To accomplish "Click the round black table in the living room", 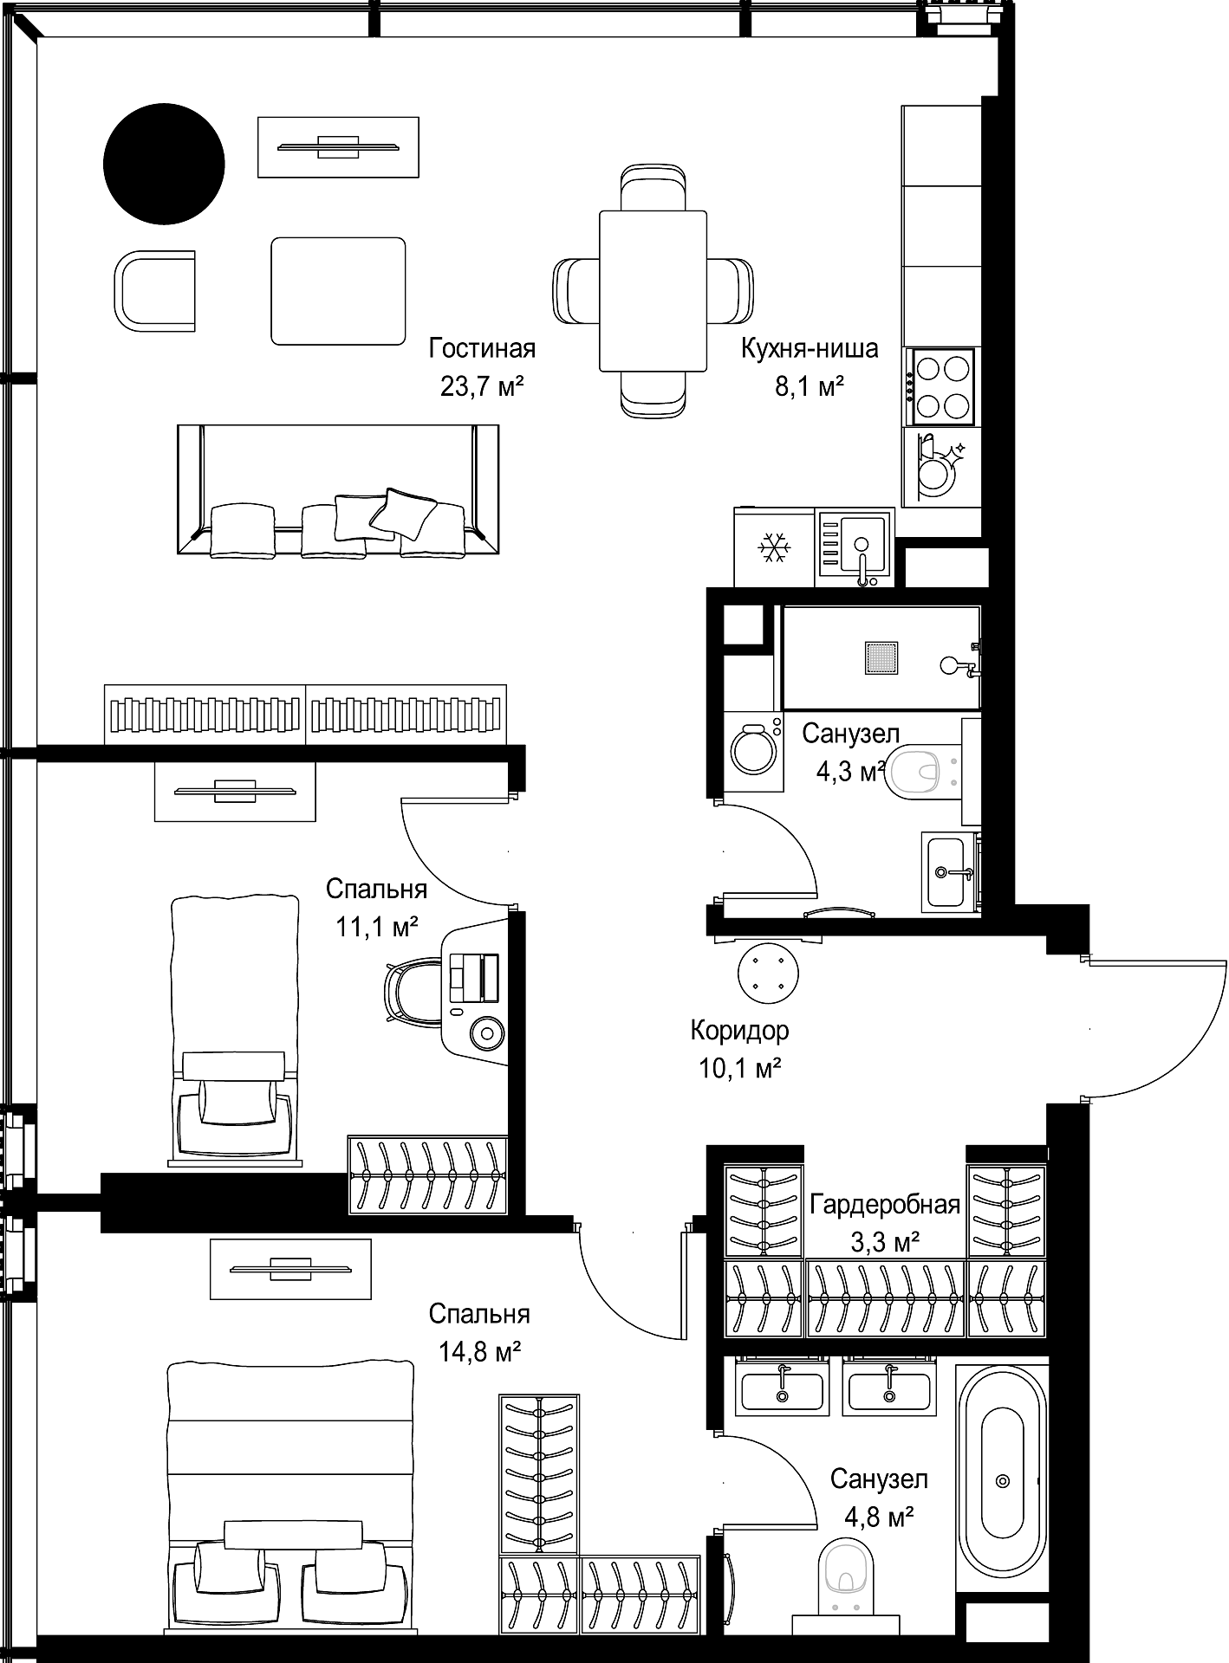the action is point(164,164).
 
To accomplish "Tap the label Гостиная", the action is point(482,348).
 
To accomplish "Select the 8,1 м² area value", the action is point(810,386).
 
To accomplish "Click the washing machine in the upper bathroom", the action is point(752,750).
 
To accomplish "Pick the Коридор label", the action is point(740,1031).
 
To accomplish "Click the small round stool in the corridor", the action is point(768,974).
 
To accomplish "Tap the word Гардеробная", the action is point(885,1205).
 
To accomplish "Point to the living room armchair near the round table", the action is point(154,291).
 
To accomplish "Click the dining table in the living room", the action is point(653,290).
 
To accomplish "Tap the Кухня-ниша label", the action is point(810,348).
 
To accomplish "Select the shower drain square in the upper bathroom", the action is point(881,658).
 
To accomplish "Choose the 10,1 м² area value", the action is point(740,1069).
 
